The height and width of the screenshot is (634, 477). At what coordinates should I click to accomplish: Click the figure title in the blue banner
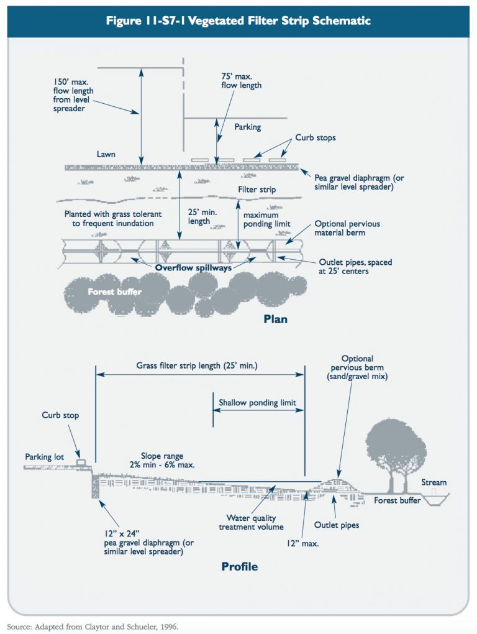tap(238, 21)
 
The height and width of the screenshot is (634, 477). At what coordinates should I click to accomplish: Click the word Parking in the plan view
tap(248, 127)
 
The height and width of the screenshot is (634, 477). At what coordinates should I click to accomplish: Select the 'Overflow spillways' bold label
tap(194, 268)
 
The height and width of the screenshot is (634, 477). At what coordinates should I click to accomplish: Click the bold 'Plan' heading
tap(274, 319)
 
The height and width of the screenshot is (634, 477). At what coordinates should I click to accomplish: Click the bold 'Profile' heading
tap(239, 566)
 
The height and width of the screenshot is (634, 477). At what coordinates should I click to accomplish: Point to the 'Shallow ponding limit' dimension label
tap(257, 403)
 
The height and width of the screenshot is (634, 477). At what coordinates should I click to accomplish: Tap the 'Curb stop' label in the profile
tap(60, 415)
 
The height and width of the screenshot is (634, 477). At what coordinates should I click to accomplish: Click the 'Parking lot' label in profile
tap(44, 457)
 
